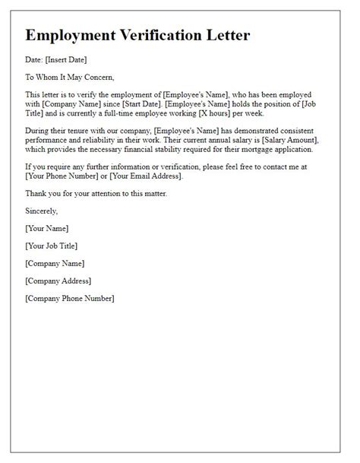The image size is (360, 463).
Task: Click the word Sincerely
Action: coord(41,211)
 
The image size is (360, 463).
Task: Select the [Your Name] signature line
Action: coord(47,228)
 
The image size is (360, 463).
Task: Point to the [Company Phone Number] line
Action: coord(69,298)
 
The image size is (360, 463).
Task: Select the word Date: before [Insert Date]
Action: coord(34,59)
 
